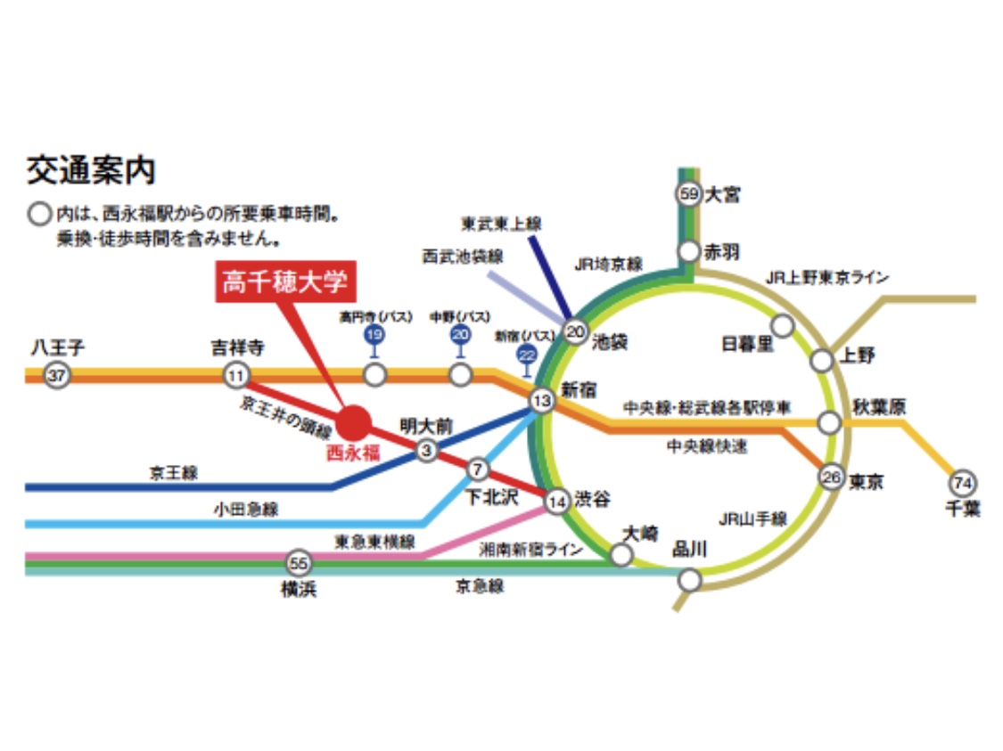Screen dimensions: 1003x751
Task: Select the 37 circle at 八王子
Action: click(x=57, y=376)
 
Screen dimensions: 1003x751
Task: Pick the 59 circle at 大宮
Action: click(x=688, y=193)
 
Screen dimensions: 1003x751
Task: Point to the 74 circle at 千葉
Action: click(x=963, y=483)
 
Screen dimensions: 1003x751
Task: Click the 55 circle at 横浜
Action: click(x=299, y=563)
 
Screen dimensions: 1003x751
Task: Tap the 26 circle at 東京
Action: click(x=831, y=478)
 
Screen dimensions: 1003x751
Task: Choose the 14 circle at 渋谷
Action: click(x=557, y=502)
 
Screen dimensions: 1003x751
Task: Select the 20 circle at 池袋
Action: click(x=575, y=332)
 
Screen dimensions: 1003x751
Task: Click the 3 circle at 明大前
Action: click(x=427, y=451)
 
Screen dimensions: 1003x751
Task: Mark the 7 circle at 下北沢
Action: click(x=478, y=469)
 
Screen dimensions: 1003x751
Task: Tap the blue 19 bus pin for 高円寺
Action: click(x=374, y=335)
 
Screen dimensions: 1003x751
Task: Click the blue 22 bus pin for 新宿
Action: click(x=527, y=355)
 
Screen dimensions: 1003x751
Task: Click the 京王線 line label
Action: click(x=173, y=474)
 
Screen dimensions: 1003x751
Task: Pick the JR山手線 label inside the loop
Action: click(x=752, y=518)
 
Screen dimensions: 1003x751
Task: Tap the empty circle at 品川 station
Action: click(x=689, y=581)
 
